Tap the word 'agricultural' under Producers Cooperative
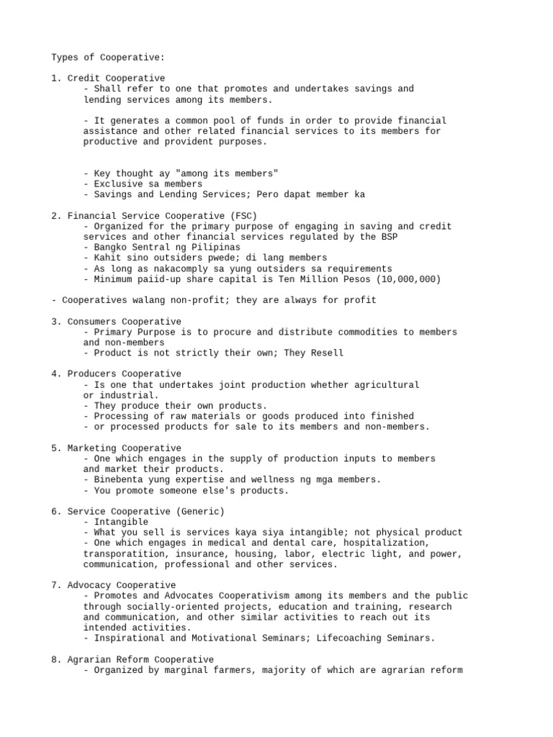[388, 385]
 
